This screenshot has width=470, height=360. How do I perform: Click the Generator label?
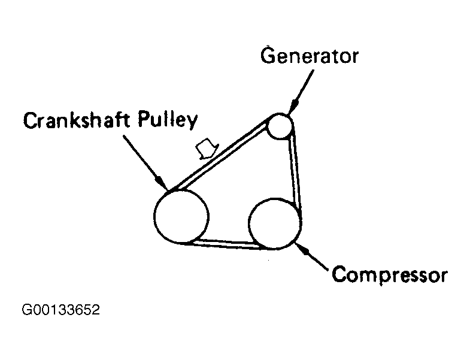point(310,56)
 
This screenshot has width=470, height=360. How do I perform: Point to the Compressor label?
point(389,275)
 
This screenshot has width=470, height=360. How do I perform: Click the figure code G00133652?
point(60,311)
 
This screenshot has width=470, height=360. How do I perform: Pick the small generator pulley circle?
point(280,126)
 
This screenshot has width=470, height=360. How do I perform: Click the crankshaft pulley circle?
point(181,216)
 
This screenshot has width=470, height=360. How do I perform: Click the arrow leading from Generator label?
point(301,89)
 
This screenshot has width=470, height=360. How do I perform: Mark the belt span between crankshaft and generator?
point(219,156)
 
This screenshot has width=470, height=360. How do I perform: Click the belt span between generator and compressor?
point(295,174)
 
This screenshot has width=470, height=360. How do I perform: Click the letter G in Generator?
point(268,56)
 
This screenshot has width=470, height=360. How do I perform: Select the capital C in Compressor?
point(338,275)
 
